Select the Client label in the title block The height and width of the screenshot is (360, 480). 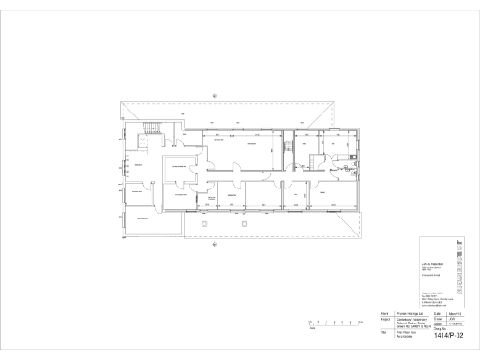384,313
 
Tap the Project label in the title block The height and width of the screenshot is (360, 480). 385,319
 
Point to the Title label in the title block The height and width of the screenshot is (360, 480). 383,333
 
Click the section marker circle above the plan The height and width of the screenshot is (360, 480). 216,90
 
